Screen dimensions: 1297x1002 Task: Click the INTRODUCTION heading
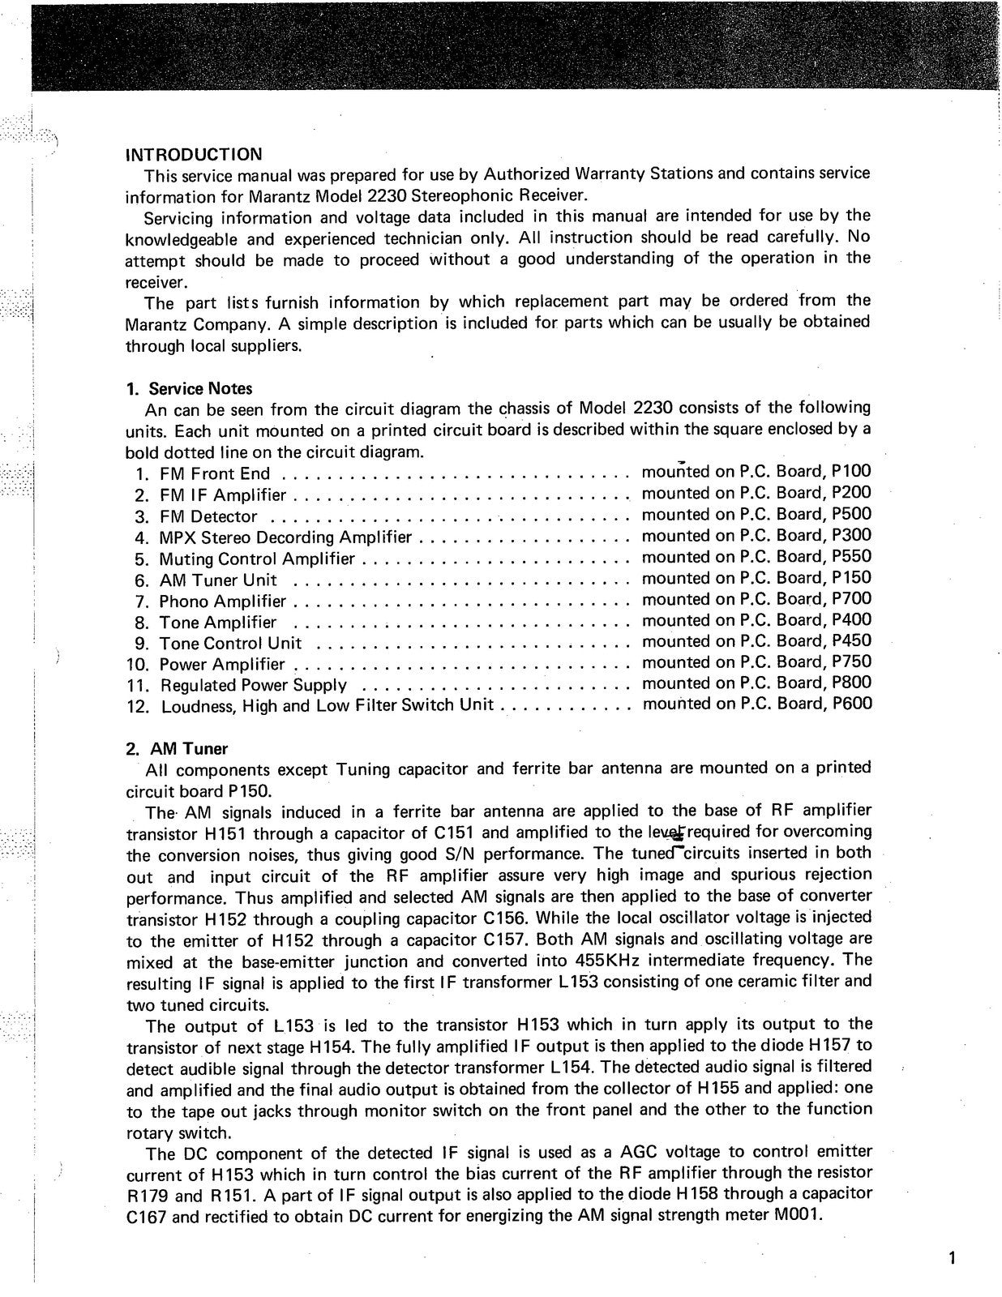(x=193, y=154)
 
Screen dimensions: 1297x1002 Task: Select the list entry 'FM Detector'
(x=208, y=516)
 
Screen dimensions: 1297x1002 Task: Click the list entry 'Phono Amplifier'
(x=222, y=601)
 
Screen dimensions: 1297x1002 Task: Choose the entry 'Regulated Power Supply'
(x=254, y=685)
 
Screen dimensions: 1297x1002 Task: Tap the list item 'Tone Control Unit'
(x=230, y=644)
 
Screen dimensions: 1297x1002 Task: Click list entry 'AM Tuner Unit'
(x=218, y=580)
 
